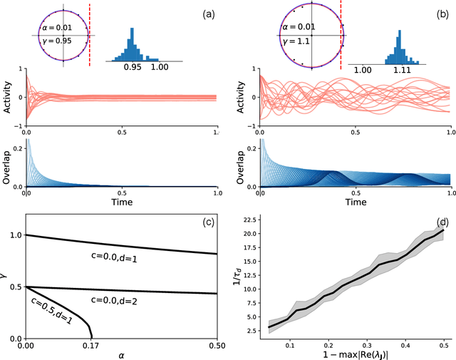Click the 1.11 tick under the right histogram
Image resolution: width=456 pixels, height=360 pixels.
coord(404,71)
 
